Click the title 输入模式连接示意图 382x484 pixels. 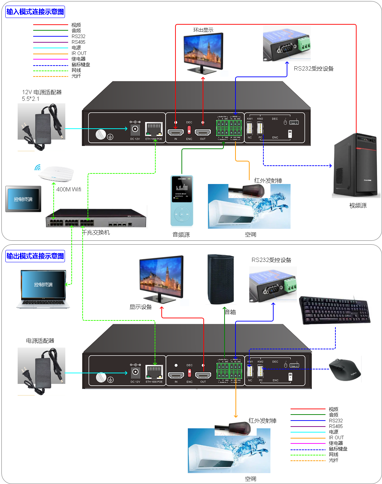(35, 12)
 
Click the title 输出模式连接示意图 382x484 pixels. (35, 256)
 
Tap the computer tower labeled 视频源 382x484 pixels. (356, 165)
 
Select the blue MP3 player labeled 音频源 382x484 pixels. (182, 201)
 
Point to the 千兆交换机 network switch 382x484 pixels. (96, 218)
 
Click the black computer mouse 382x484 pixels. (345, 370)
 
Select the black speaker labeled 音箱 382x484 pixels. (221, 279)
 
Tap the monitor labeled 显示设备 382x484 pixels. (161, 278)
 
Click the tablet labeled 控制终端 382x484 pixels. (23, 199)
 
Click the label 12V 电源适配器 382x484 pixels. (42, 92)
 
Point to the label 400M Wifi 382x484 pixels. (69, 190)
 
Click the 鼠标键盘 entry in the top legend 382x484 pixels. (81, 65)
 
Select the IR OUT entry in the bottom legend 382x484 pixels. (336, 438)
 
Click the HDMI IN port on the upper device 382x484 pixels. (175, 133)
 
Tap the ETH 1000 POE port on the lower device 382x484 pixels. (154, 372)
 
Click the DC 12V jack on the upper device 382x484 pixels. (135, 129)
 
